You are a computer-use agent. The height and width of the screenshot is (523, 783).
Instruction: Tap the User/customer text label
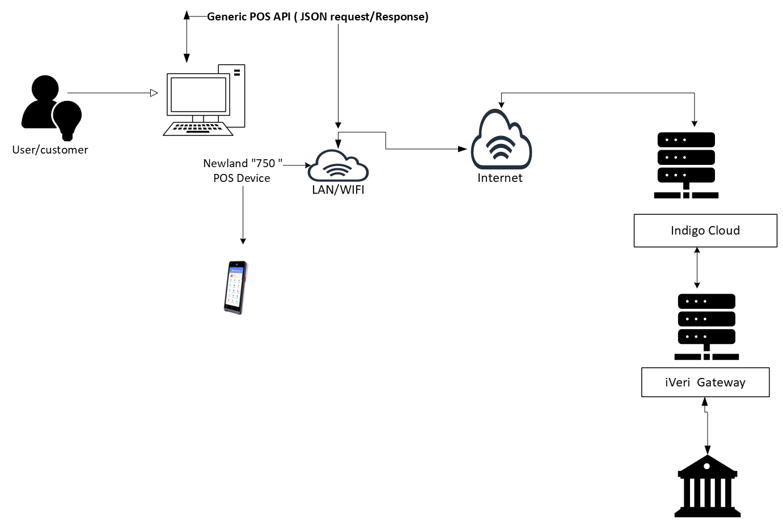50,150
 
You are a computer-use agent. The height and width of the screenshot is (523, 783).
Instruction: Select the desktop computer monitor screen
198,95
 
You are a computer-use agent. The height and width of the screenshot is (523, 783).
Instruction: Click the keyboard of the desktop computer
198,129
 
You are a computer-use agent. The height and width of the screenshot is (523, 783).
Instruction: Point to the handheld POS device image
236,287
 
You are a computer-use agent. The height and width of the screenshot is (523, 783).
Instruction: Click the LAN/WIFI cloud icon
338,166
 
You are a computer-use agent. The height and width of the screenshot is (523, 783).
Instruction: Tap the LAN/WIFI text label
338,190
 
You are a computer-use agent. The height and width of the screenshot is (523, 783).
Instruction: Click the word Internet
500,178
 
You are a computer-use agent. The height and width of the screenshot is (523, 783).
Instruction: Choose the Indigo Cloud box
705,231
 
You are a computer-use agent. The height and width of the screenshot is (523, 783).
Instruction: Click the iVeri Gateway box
705,382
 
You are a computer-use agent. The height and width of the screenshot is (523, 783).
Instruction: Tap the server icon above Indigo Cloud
686,164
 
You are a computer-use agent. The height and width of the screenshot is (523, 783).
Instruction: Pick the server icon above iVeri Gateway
706,326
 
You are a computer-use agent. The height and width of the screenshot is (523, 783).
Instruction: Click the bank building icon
707,487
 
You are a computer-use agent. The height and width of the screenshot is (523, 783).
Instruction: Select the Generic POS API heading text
318,17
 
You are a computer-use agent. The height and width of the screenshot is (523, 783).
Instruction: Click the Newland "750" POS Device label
242,171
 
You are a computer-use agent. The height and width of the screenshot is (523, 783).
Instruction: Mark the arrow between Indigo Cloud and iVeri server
697,268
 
